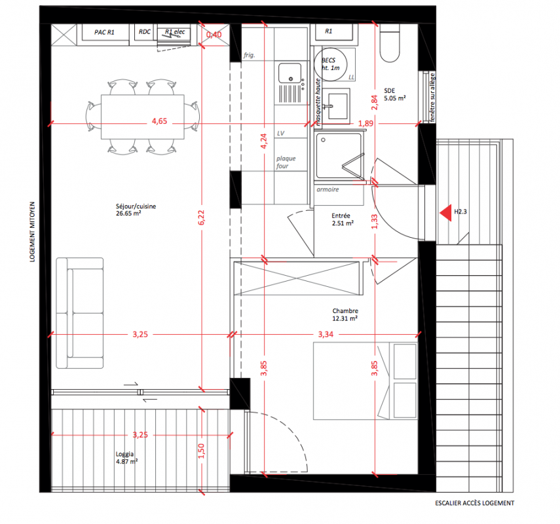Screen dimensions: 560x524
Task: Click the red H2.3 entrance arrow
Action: [x=446, y=213]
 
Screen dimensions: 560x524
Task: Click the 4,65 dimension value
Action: [x=159, y=121]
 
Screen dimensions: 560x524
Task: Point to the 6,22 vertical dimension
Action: [x=202, y=217]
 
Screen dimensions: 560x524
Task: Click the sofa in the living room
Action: [x=80, y=313]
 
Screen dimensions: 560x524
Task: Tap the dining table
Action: [x=143, y=117]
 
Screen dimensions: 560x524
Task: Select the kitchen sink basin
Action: [x=289, y=73]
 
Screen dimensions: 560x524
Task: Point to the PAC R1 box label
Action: [x=104, y=32]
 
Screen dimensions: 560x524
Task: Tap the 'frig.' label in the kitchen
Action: [x=250, y=55]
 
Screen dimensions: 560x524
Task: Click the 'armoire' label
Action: [x=328, y=189]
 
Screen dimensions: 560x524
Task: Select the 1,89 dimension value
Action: [x=365, y=123]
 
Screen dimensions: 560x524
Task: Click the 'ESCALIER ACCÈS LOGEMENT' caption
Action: [x=475, y=503]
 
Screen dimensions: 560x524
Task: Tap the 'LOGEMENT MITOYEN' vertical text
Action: [x=33, y=232]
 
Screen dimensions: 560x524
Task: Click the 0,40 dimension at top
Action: [x=214, y=35]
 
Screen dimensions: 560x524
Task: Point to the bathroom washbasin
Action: [x=337, y=105]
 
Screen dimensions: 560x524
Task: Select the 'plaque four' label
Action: [x=286, y=162]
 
